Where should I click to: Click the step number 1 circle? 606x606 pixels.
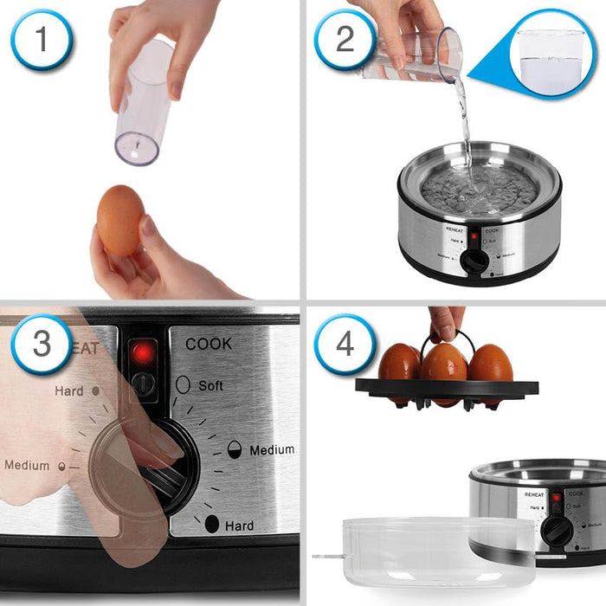(x=42, y=39)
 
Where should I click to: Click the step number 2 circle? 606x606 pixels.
(x=345, y=39)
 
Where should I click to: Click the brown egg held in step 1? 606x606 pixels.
(x=120, y=220)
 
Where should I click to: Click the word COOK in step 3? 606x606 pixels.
(x=209, y=344)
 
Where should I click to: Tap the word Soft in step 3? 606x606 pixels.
(x=210, y=385)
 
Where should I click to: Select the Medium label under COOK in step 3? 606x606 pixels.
(x=271, y=450)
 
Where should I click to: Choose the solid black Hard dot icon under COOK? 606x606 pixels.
(x=211, y=524)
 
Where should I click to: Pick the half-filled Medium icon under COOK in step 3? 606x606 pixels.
(x=234, y=448)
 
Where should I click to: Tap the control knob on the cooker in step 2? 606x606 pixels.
(x=473, y=262)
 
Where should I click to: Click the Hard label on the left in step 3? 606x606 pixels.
(x=69, y=391)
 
